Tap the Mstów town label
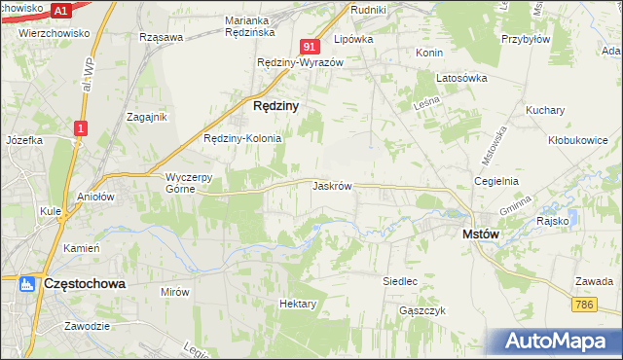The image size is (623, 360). [x=481, y=234]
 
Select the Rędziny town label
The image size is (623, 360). [x=275, y=106]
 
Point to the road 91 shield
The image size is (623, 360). [x=311, y=47]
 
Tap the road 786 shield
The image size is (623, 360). [x=584, y=305]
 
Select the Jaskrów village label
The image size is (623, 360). [x=332, y=185]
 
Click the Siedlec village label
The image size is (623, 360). [x=400, y=281]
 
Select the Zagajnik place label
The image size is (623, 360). [x=147, y=116]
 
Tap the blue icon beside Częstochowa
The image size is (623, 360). [x=26, y=285]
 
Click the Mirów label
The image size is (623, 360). [x=174, y=291]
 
